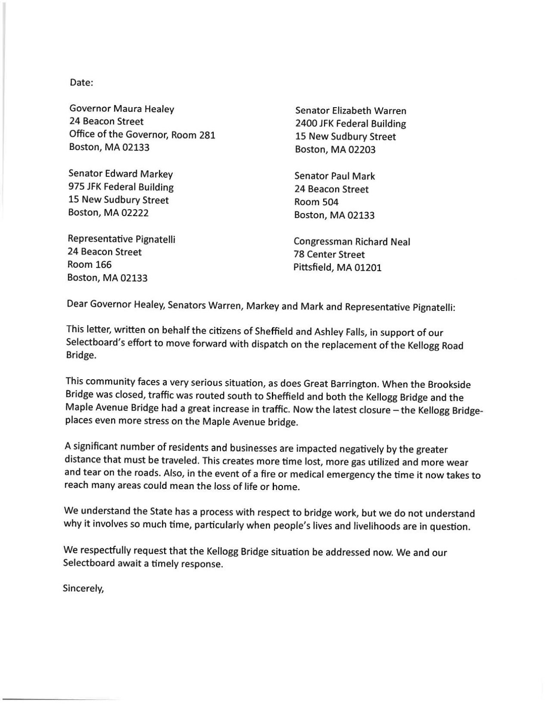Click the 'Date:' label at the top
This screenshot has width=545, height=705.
point(81,83)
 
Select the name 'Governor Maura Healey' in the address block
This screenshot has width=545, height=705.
point(121,109)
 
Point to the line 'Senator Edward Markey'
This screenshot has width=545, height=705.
point(121,174)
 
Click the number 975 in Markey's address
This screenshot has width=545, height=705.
point(76,187)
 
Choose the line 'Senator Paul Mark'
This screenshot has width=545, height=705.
point(334,176)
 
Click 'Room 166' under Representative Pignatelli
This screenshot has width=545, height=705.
point(89,264)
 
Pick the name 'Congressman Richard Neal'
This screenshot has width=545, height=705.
point(352,242)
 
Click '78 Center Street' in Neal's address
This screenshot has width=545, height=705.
point(329,254)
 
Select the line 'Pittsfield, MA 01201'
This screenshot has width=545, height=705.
point(337,268)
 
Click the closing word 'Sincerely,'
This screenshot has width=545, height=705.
point(84,588)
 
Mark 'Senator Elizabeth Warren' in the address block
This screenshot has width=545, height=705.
point(350,111)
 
